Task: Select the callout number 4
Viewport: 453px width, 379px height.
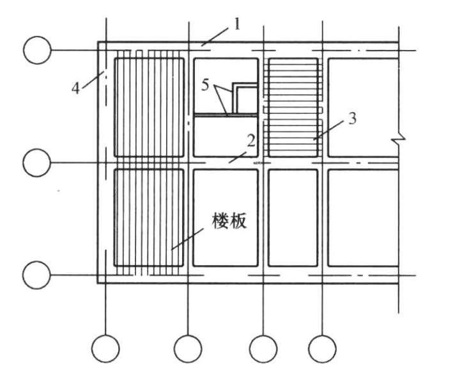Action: click(76, 87)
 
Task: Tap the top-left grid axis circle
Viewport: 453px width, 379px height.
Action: click(37, 50)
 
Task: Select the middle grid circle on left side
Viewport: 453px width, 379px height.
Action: click(37, 163)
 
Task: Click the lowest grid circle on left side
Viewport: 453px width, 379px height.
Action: click(37, 275)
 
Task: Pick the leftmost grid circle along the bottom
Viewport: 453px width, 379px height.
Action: click(105, 349)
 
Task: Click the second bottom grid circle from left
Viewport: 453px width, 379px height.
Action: click(188, 349)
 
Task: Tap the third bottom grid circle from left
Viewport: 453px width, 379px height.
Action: click(263, 349)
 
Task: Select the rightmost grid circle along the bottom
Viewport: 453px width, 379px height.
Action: click(322, 349)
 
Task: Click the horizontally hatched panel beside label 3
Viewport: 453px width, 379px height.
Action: click(293, 108)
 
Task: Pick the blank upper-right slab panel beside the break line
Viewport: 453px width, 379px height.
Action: click(361, 107)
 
